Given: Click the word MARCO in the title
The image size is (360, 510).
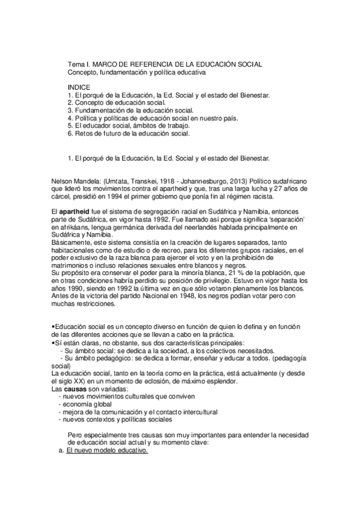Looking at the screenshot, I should pos(105,64).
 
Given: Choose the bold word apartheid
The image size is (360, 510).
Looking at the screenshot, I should pos(75,212).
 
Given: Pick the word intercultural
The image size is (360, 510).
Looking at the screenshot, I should pos(197,413).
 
